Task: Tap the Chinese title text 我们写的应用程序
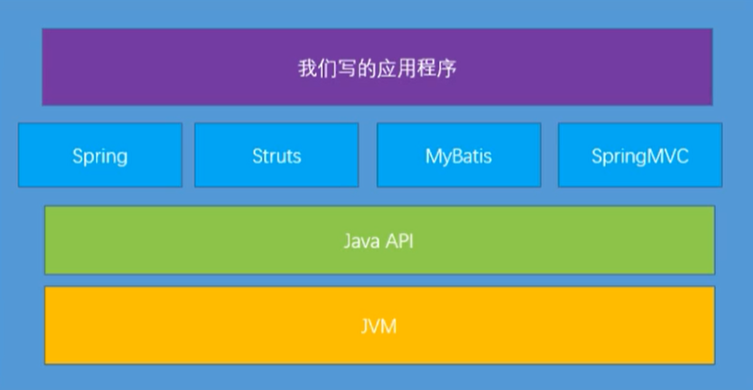[x=376, y=69]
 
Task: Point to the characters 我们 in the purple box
[x=315, y=69]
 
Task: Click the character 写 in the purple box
[x=350, y=69]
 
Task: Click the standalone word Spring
[x=99, y=156]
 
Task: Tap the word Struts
[x=276, y=155]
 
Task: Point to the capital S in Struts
[x=257, y=155]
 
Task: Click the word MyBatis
[x=458, y=156]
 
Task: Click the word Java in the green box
[x=362, y=240]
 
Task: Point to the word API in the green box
[x=399, y=240]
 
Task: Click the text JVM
[x=378, y=325]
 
